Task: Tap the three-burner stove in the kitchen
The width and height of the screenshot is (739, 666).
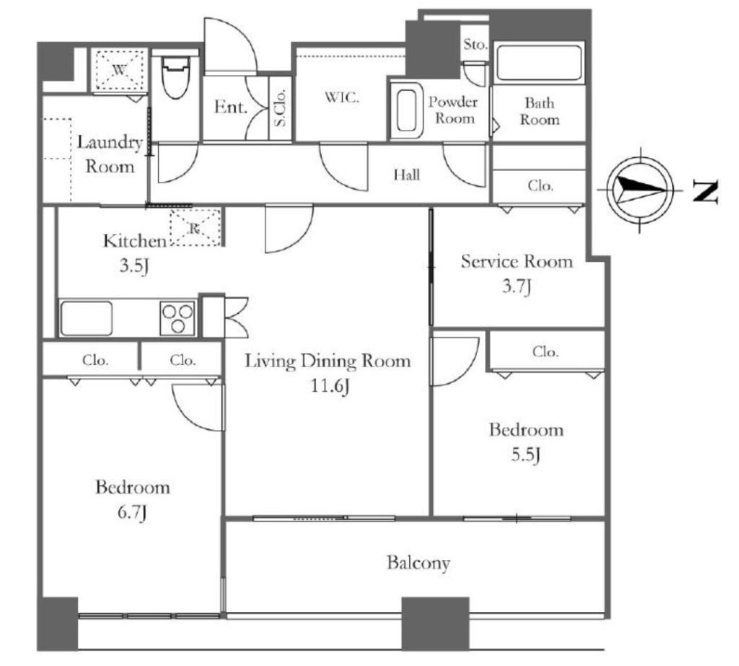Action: pos(178,317)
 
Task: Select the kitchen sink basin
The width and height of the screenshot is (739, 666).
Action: pos(87,318)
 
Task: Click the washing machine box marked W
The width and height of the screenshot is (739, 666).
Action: pos(119,70)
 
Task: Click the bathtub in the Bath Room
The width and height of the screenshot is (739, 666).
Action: pos(538,63)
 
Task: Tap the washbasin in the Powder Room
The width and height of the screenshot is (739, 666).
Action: pos(406,111)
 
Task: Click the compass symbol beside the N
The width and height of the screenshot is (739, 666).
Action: pos(640,190)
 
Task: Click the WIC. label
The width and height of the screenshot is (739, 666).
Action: pos(341,97)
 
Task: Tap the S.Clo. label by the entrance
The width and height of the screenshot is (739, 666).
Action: pos(280,108)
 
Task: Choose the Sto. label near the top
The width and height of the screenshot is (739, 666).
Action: pos(475,45)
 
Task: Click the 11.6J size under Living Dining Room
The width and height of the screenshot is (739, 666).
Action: pos(329,386)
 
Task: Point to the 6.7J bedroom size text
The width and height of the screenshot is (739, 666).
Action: pos(133,512)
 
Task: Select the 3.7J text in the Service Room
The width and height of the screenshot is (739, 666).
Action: pos(517,286)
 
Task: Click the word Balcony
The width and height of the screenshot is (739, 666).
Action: pos(419,563)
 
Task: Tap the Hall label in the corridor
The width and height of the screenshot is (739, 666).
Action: pos(407,175)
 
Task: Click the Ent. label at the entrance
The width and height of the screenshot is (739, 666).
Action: pos(231,107)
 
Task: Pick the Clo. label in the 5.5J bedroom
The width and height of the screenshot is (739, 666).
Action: pos(546,351)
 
